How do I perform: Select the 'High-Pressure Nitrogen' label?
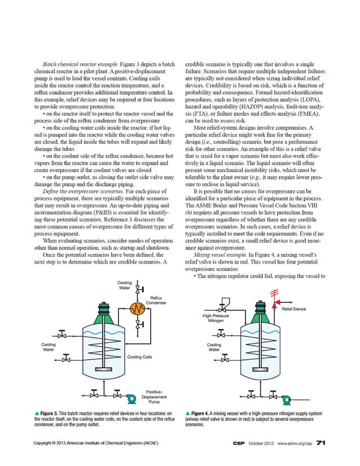click(216, 319)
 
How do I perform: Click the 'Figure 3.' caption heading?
click(51, 414)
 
